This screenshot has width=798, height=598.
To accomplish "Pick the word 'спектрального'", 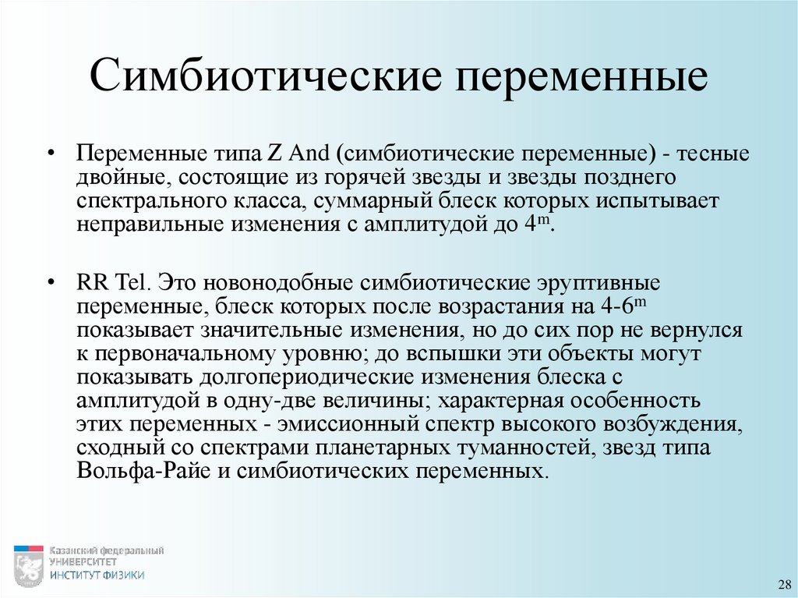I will tap(150, 202).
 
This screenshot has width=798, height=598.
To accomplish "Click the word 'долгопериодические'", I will tap(303, 378).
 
